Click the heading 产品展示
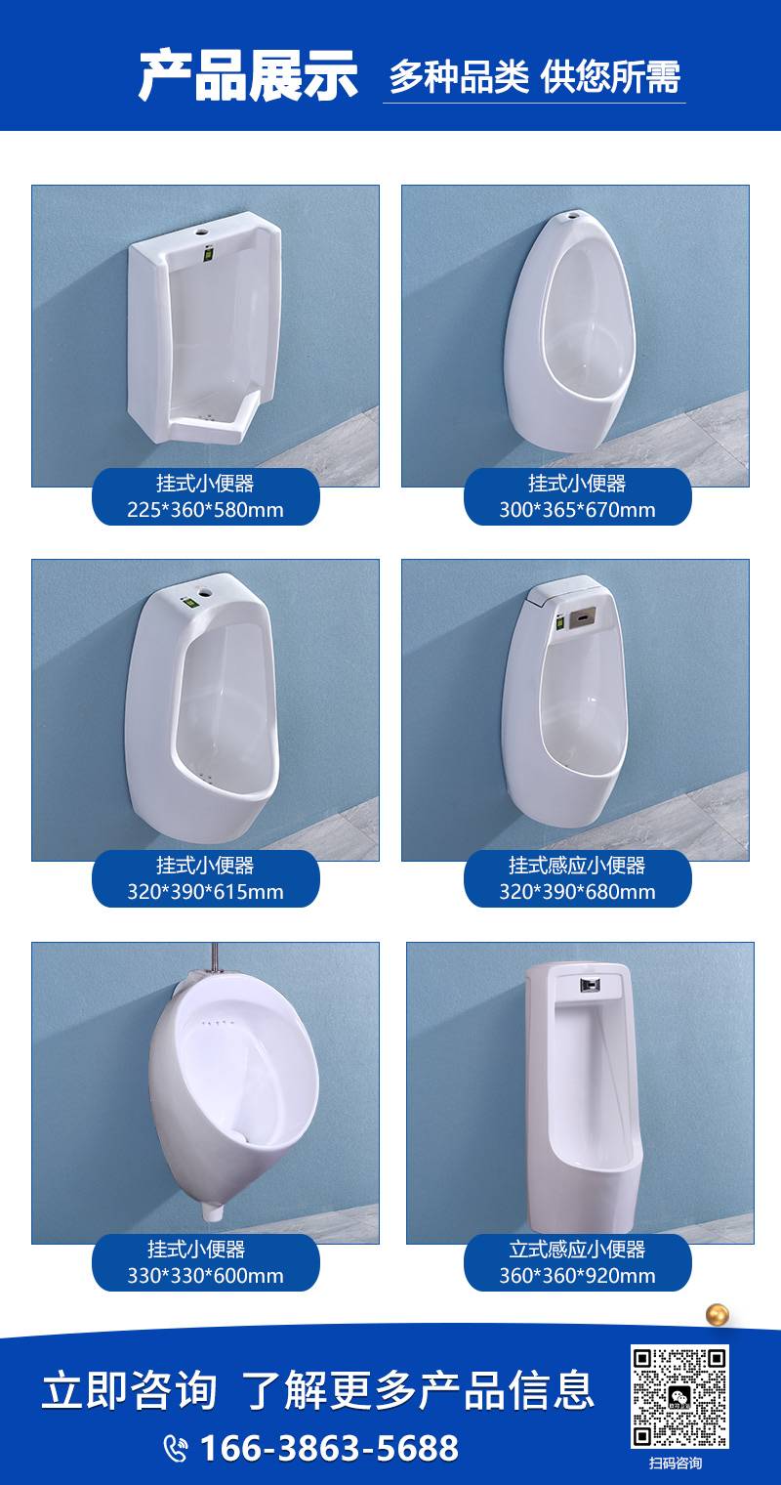pyautogui.click(x=248, y=76)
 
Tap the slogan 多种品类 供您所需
pyautogui.click(x=534, y=77)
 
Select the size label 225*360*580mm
pyautogui.click(x=205, y=510)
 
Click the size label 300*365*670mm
pyautogui.click(x=577, y=510)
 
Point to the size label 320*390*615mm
pyautogui.click(x=205, y=892)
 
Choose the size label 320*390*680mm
pyautogui.click(x=577, y=892)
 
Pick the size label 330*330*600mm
pyautogui.click(x=205, y=1275)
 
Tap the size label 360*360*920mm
pyautogui.click(x=577, y=1275)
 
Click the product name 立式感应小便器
pyautogui.click(x=577, y=1249)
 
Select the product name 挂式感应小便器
pyautogui.click(x=577, y=866)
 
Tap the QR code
pyautogui.click(x=679, y=1397)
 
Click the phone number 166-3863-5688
pyautogui.click(x=329, y=1448)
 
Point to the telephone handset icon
pyautogui.click(x=176, y=1449)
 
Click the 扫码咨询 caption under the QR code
pyautogui.click(x=675, y=1464)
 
